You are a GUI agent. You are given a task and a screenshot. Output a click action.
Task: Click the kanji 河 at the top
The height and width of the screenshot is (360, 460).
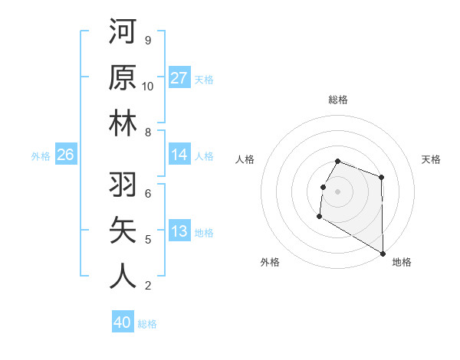tap(123, 32)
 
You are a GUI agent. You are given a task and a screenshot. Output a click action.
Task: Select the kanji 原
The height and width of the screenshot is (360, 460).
tap(123, 78)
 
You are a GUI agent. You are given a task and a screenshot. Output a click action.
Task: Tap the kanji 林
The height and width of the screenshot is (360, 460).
tap(123, 124)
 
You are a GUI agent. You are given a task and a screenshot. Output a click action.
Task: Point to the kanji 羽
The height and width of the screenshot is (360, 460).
tap(123, 185)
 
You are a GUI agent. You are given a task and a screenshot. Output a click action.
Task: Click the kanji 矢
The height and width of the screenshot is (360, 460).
tap(123, 231)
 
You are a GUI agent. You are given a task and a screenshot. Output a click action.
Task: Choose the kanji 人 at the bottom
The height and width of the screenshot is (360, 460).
tap(123, 277)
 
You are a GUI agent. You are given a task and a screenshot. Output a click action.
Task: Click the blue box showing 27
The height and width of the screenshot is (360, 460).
tap(179, 78)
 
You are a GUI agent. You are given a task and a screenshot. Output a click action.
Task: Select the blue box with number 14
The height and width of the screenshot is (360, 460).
tap(179, 155)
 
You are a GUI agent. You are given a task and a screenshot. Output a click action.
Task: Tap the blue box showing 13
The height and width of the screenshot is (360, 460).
tap(179, 232)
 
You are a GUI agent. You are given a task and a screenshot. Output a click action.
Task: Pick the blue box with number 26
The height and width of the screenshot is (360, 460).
tap(65, 155)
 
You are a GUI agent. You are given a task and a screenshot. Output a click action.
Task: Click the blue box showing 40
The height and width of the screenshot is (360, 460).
tap(123, 323)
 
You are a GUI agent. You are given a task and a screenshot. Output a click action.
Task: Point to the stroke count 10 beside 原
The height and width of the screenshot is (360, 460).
tap(148, 87)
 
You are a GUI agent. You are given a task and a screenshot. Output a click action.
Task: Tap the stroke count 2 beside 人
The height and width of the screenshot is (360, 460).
tap(147, 286)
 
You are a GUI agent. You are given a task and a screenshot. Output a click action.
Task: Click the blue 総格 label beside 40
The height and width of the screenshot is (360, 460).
tap(147, 324)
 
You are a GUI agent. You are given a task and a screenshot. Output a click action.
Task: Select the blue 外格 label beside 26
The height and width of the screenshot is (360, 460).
tap(41, 156)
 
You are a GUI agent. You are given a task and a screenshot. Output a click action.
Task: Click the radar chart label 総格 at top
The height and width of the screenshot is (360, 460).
tap(337, 100)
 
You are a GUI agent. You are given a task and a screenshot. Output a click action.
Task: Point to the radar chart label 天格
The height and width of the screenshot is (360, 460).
tap(431, 159)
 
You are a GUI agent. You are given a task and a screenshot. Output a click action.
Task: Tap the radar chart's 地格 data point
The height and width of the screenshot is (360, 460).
tap(383, 254)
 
